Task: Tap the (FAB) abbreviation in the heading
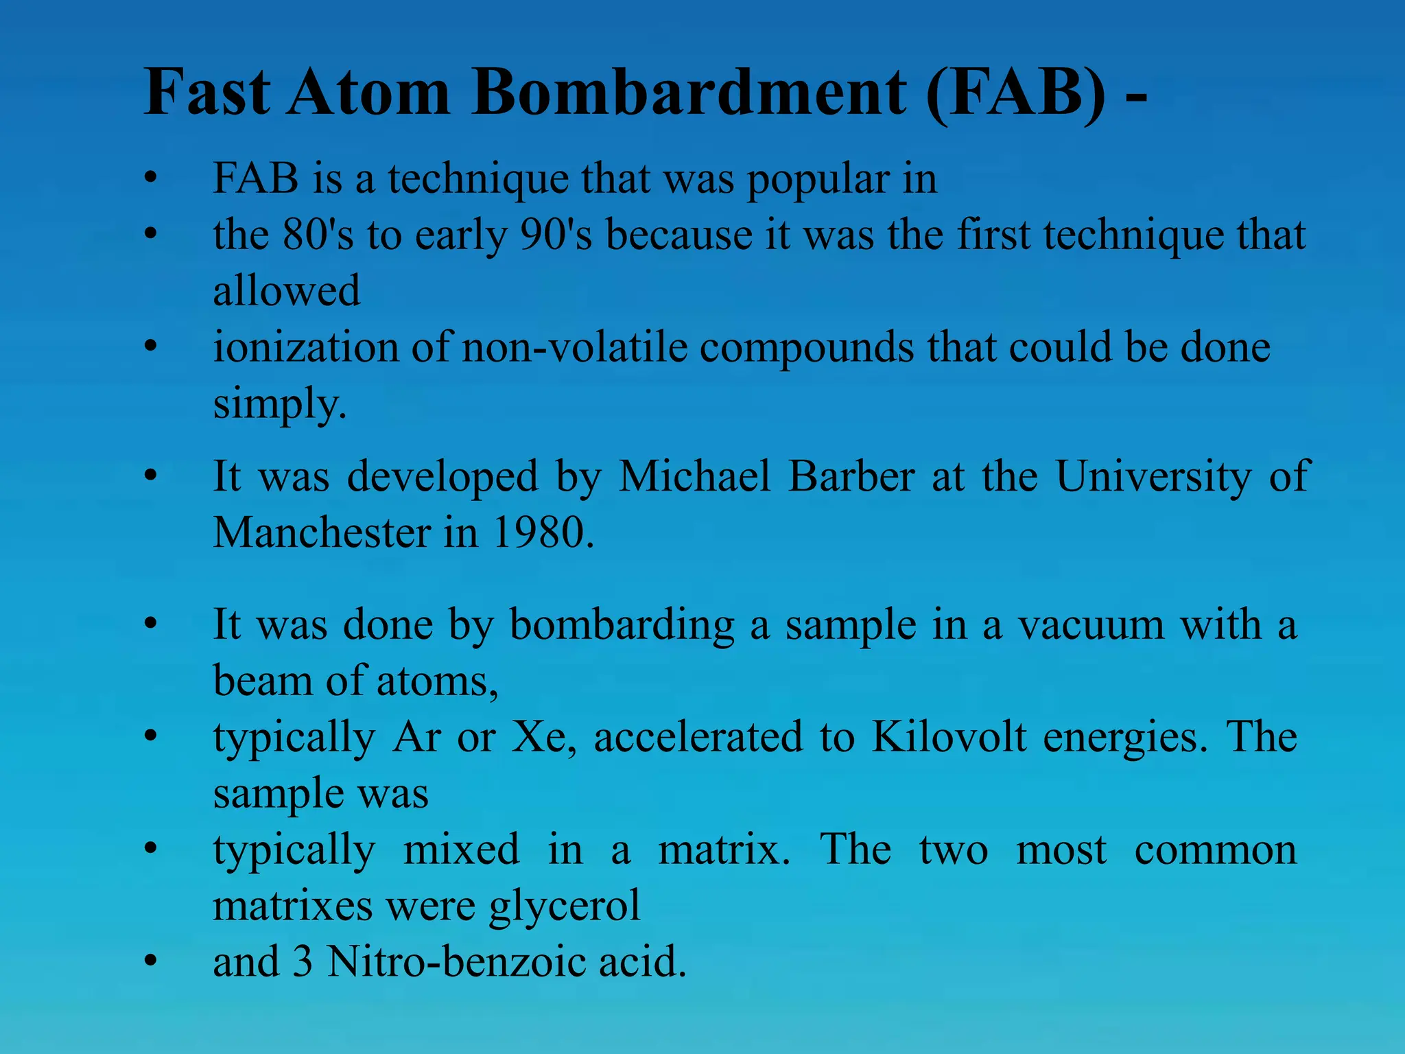pyautogui.click(x=1015, y=93)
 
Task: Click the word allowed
pyautogui.click(x=287, y=291)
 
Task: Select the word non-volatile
pyautogui.click(x=575, y=347)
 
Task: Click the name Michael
pyautogui.click(x=695, y=476)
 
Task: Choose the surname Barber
pyautogui.click(x=851, y=476)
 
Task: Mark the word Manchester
pyautogui.click(x=321, y=532)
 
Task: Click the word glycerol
pyautogui.click(x=565, y=906)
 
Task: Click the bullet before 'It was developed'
pyautogui.click(x=151, y=476)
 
